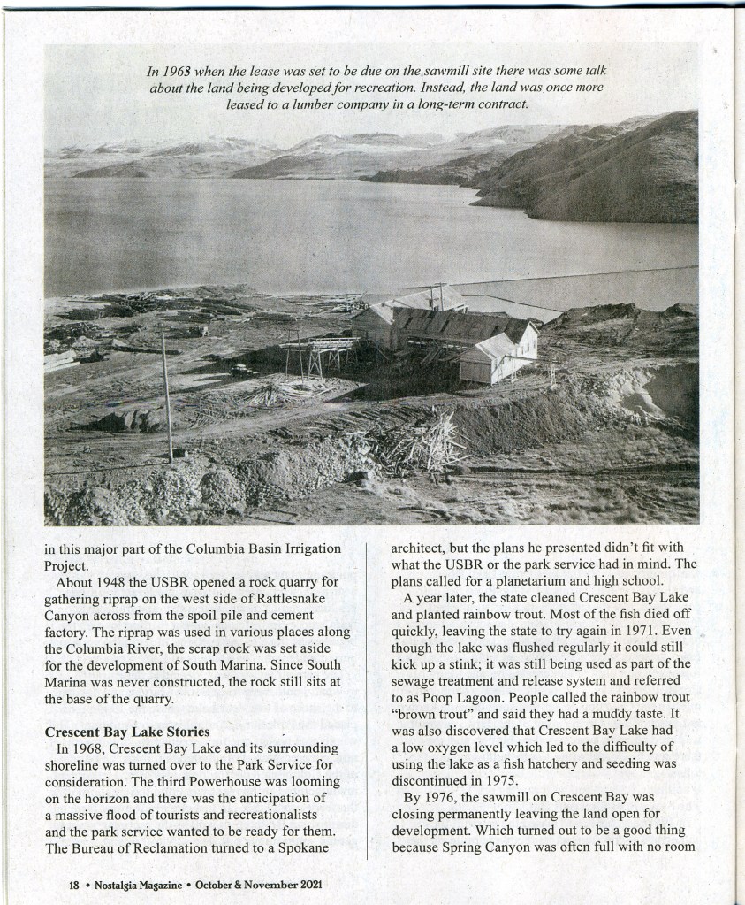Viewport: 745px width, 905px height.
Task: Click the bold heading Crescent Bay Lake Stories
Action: point(127,732)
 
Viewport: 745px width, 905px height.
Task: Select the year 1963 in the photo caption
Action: point(175,71)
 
